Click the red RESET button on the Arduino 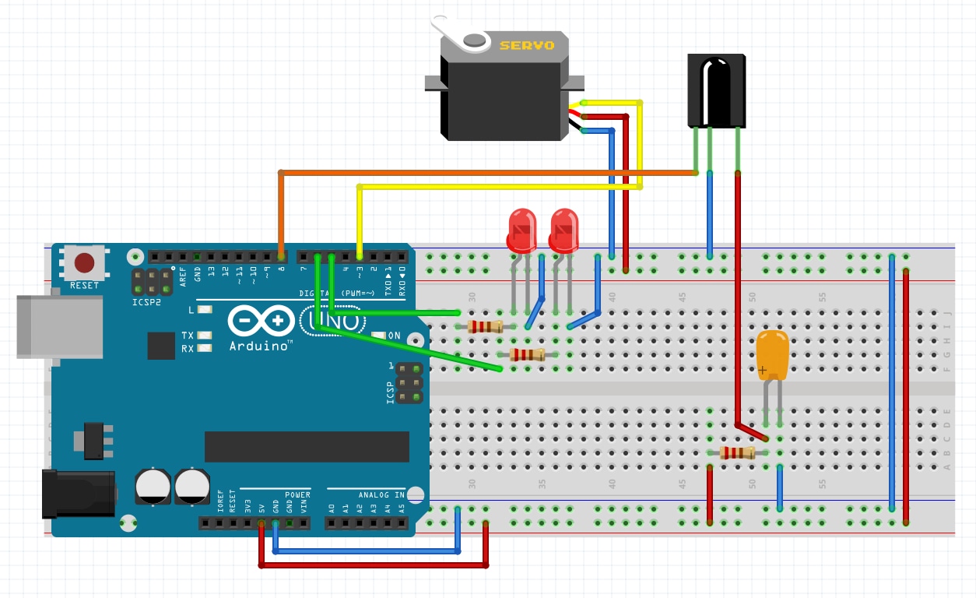84,262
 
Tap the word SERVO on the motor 527,45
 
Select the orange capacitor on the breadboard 772,355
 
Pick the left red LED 521,229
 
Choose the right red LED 563,229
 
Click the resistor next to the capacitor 737,453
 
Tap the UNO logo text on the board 330,320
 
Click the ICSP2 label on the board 147,301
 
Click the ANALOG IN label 381,494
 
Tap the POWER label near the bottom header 297,494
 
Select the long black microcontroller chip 307,446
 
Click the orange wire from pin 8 467,172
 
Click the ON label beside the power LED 394,336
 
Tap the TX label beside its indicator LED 188,336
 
